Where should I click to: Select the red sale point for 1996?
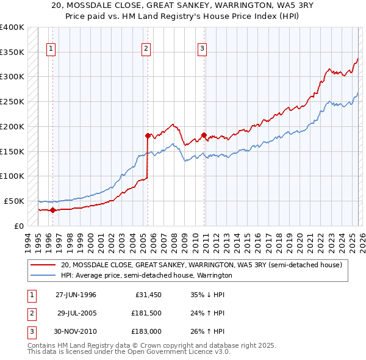(52, 210)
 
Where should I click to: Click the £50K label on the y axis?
(14, 201)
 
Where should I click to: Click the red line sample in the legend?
(43, 265)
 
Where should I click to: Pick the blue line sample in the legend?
(43, 276)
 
